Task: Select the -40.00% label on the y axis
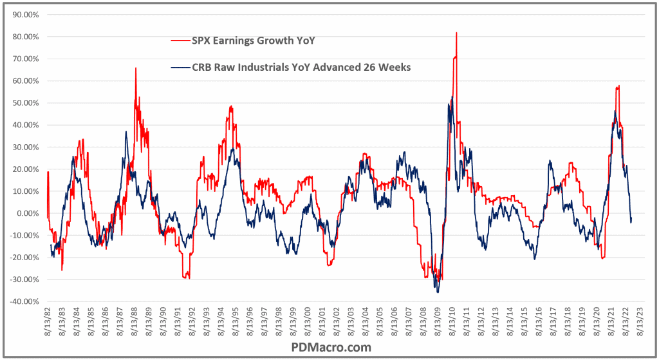tap(24, 301)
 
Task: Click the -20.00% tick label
tap(24, 258)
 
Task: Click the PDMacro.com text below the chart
tap(329, 347)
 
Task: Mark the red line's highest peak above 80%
tap(456, 32)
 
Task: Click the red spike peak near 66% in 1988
tap(136, 68)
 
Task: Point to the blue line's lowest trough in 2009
tap(438, 292)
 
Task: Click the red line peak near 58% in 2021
tap(618, 86)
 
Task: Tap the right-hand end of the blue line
tap(632, 219)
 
